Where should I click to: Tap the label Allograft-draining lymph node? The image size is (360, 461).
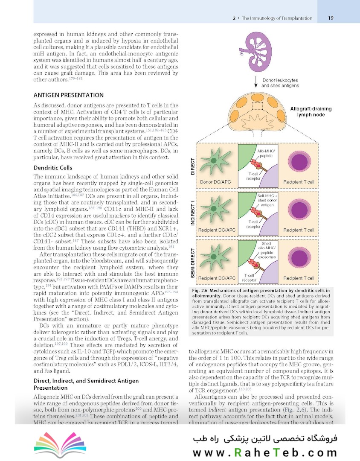pyautogui.click(x=311, y=112)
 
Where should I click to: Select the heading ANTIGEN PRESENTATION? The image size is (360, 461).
pyautogui.click(x=68, y=95)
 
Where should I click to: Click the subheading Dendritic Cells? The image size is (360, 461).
pyautogui.click(x=52, y=168)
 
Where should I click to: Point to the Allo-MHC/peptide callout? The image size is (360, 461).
pyautogui.click(x=267, y=154)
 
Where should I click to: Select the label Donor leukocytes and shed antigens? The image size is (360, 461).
pyautogui.click(x=280, y=83)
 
